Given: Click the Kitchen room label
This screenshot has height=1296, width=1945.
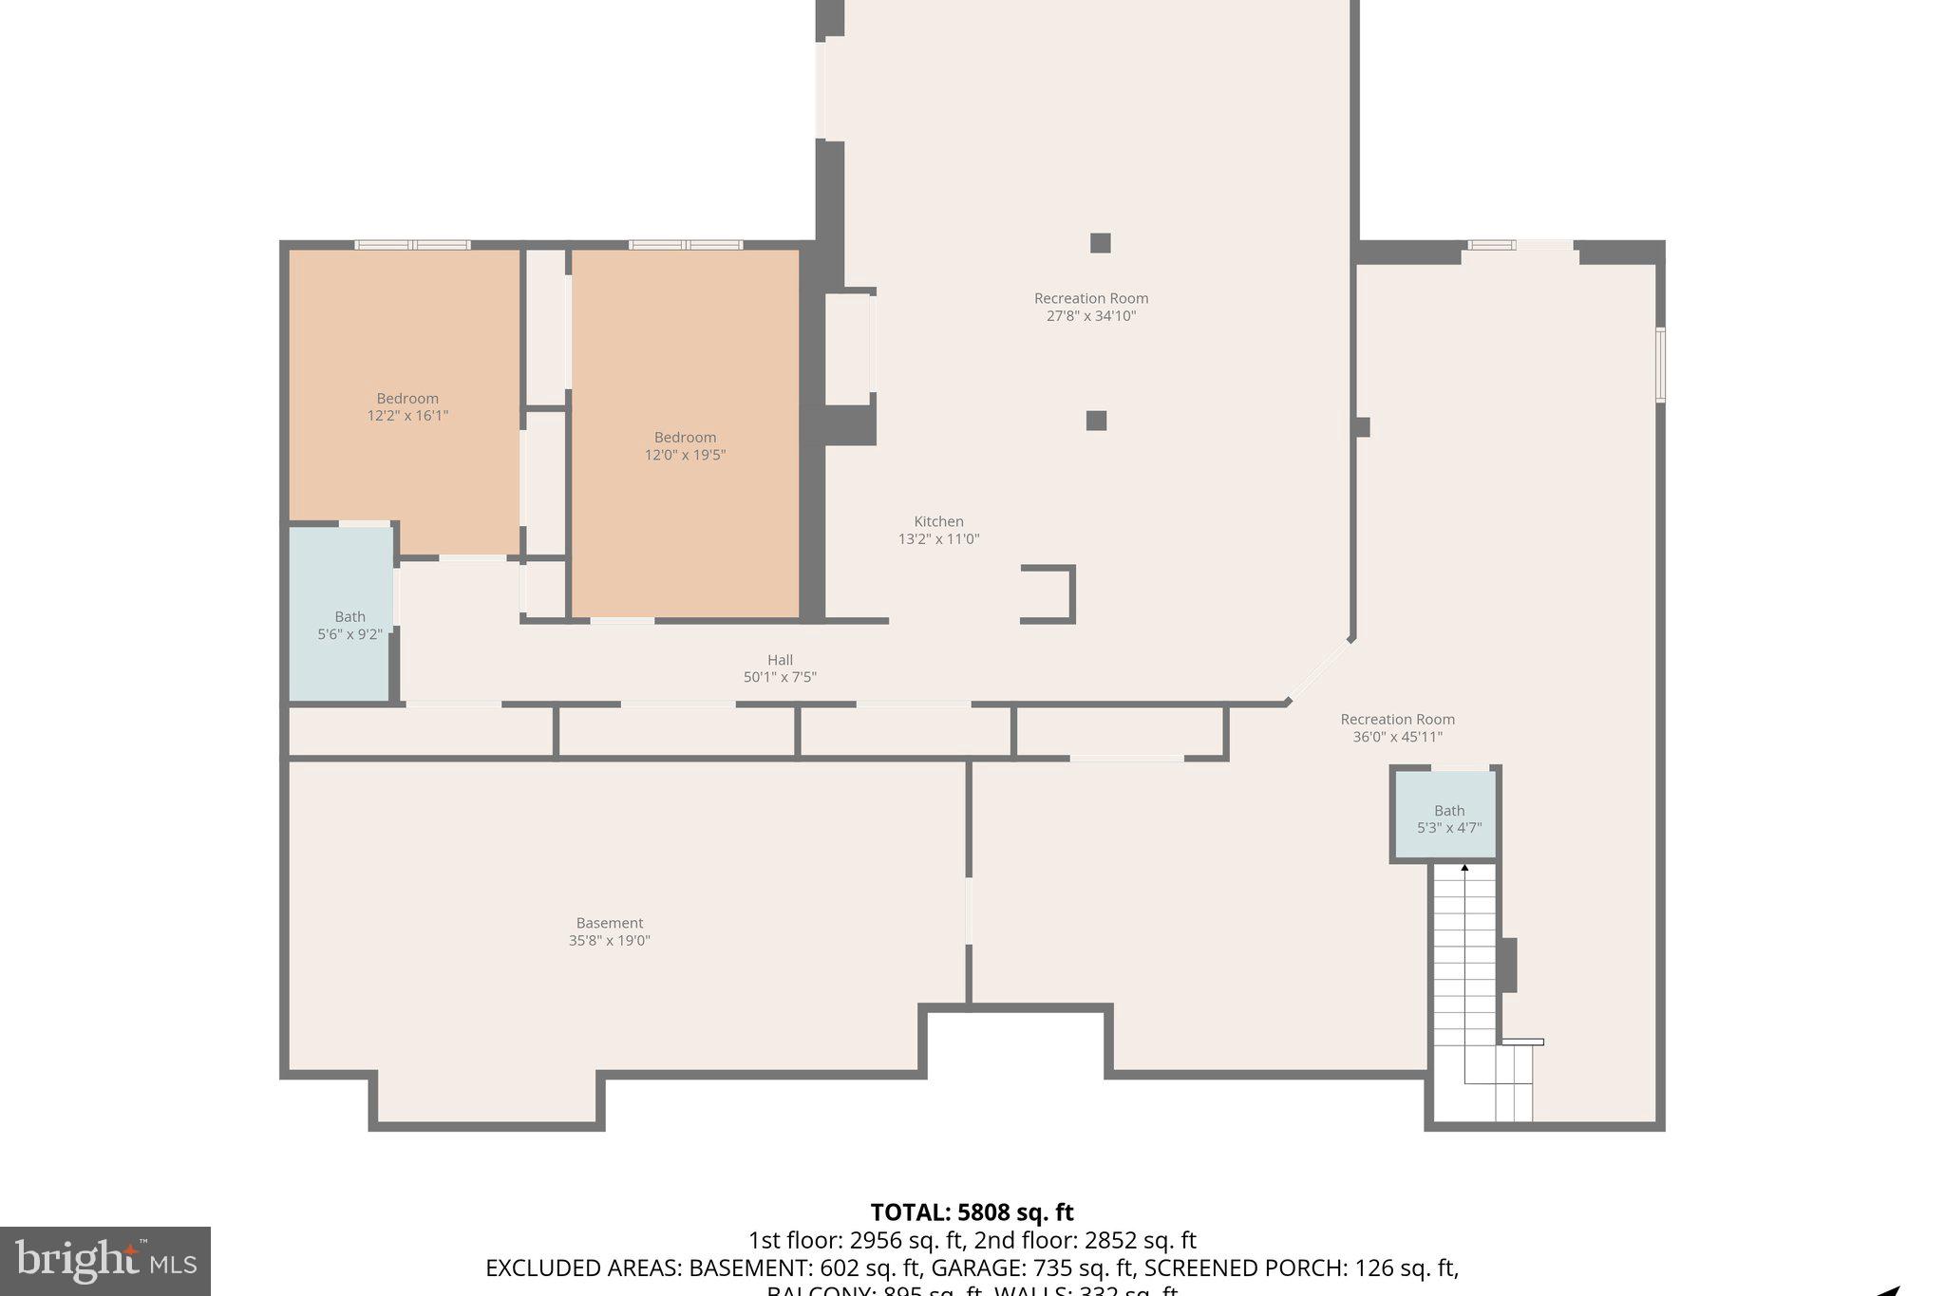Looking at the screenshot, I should pyautogui.click(x=938, y=521).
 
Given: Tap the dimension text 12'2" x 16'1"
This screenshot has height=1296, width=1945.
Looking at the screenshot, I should pyautogui.click(x=407, y=416).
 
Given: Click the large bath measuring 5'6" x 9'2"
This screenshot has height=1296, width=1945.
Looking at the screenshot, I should pyautogui.click(x=341, y=614).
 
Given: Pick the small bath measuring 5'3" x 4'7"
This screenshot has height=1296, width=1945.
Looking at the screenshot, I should pyautogui.click(x=1448, y=817).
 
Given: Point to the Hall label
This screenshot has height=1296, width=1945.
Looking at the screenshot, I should pyautogui.click(x=780, y=660).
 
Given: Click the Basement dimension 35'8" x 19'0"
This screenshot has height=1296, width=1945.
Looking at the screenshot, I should pyautogui.click(x=609, y=941).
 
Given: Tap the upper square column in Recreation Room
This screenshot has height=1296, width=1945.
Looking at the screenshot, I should pyautogui.click(x=1100, y=243).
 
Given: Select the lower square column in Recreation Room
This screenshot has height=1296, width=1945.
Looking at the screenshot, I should pyautogui.click(x=1096, y=421).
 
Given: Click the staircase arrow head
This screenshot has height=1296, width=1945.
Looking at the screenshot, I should pyautogui.click(x=1464, y=867).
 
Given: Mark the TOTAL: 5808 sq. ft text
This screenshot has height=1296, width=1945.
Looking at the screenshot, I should pyautogui.click(x=972, y=1212).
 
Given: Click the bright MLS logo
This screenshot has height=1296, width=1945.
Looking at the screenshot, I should pyautogui.click(x=104, y=1261).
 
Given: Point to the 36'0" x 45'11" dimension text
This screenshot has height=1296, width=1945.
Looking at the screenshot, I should pyautogui.click(x=1397, y=737).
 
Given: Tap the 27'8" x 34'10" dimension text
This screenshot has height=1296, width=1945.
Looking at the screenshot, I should pyautogui.click(x=1091, y=316).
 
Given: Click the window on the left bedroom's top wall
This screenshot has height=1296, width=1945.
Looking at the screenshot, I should pyautogui.click(x=412, y=245).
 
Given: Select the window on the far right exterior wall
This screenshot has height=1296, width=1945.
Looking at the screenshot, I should pyautogui.click(x=1660, y=364).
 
